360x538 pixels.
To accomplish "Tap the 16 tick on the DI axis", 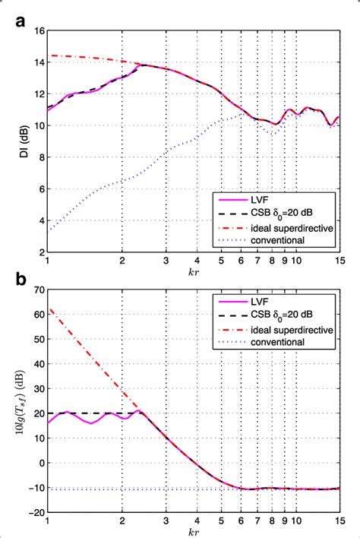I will tap(38, 30).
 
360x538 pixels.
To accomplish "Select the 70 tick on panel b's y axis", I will tap(38, 289).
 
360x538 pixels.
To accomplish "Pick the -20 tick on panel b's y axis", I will tap(36, 511).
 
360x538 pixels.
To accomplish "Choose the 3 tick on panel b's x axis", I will tap(165, 521).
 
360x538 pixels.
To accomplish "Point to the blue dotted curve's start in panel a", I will tap(48, 230).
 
